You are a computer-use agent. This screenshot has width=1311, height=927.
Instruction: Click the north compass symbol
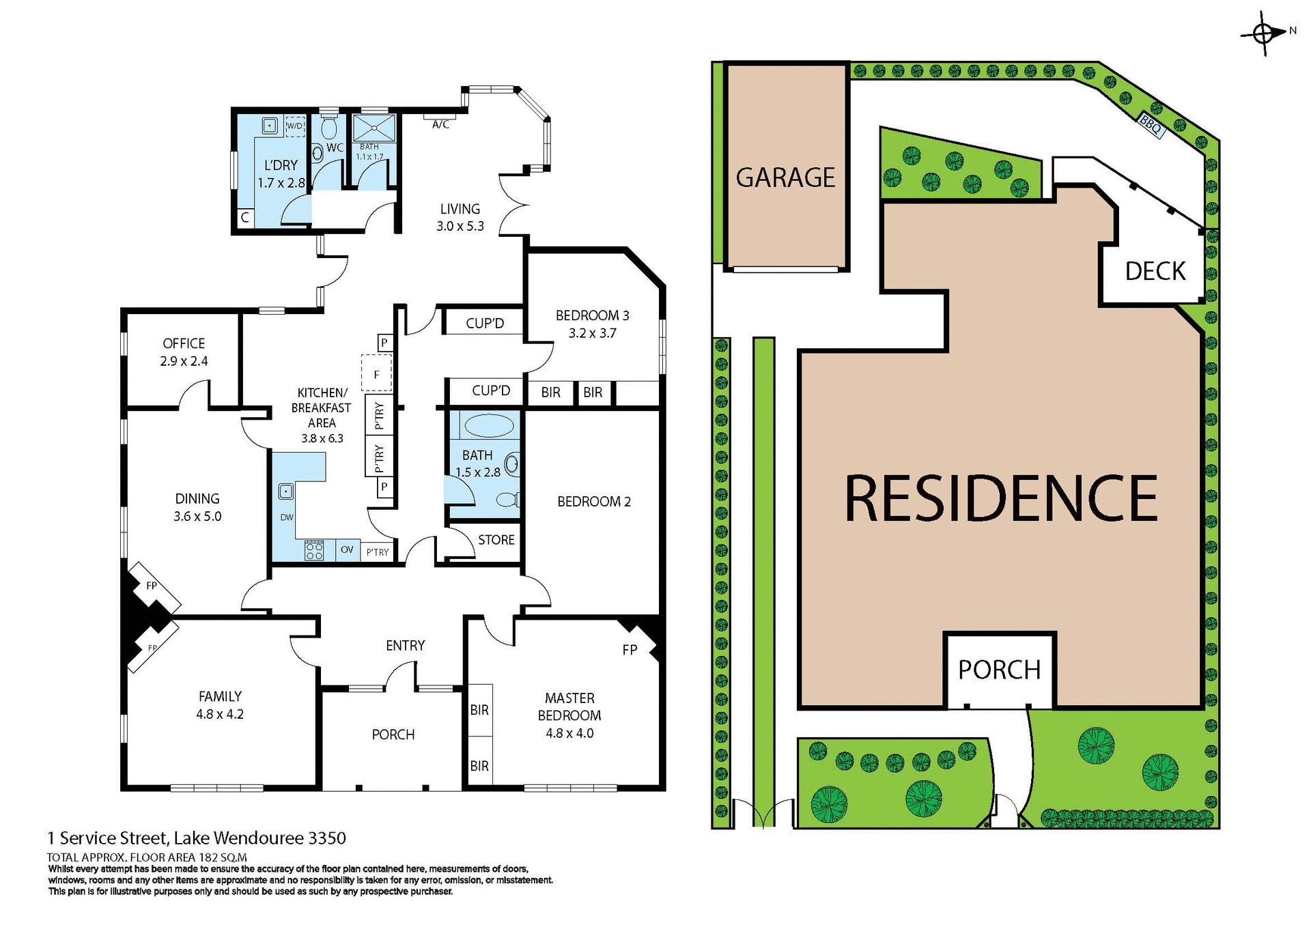point(1263,33)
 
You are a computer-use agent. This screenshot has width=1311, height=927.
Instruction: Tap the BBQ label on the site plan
point(1151,126)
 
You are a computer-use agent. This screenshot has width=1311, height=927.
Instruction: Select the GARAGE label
point(785,178)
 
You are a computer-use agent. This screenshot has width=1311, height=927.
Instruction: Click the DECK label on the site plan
point(1155,272)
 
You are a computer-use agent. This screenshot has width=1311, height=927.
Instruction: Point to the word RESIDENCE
point(1001,499)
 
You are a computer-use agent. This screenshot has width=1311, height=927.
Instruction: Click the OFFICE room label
point(184,343)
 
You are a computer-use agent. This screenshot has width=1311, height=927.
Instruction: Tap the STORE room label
point(496,540)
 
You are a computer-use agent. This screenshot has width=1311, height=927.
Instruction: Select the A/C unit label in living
point(441,124)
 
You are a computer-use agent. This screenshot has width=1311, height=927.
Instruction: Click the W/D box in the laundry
point(294,126)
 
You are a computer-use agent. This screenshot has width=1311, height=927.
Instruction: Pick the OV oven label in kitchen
point(347,550)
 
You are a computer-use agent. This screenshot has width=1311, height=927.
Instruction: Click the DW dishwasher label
point(287,517)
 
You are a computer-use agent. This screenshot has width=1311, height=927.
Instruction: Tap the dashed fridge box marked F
point(376,374)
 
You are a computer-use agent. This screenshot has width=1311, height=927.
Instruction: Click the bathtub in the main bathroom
point(489,426)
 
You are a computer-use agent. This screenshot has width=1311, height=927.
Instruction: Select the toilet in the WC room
point(329,128)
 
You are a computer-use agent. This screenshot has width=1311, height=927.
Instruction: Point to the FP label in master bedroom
point(630,650)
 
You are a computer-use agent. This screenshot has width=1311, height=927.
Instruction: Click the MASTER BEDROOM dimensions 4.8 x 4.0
point(569,734)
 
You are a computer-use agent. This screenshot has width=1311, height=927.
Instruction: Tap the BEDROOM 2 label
point(593,502)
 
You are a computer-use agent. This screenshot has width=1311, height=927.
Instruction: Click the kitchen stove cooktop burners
point(314,550)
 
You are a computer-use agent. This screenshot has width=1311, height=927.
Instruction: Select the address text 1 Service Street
point(197,838)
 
